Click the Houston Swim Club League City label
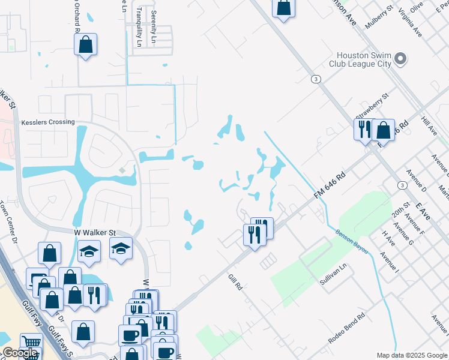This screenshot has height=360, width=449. point(360,59)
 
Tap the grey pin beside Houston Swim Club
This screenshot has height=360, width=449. point(401,59)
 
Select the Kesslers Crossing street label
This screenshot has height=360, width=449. point(48,122)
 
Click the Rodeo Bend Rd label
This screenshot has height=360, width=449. point(346,329)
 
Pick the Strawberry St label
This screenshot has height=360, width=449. point(372,106)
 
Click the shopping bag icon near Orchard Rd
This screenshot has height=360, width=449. point(86,44)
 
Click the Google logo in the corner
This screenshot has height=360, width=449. point(19,353)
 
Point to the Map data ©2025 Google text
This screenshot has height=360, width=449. point(411,355)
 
